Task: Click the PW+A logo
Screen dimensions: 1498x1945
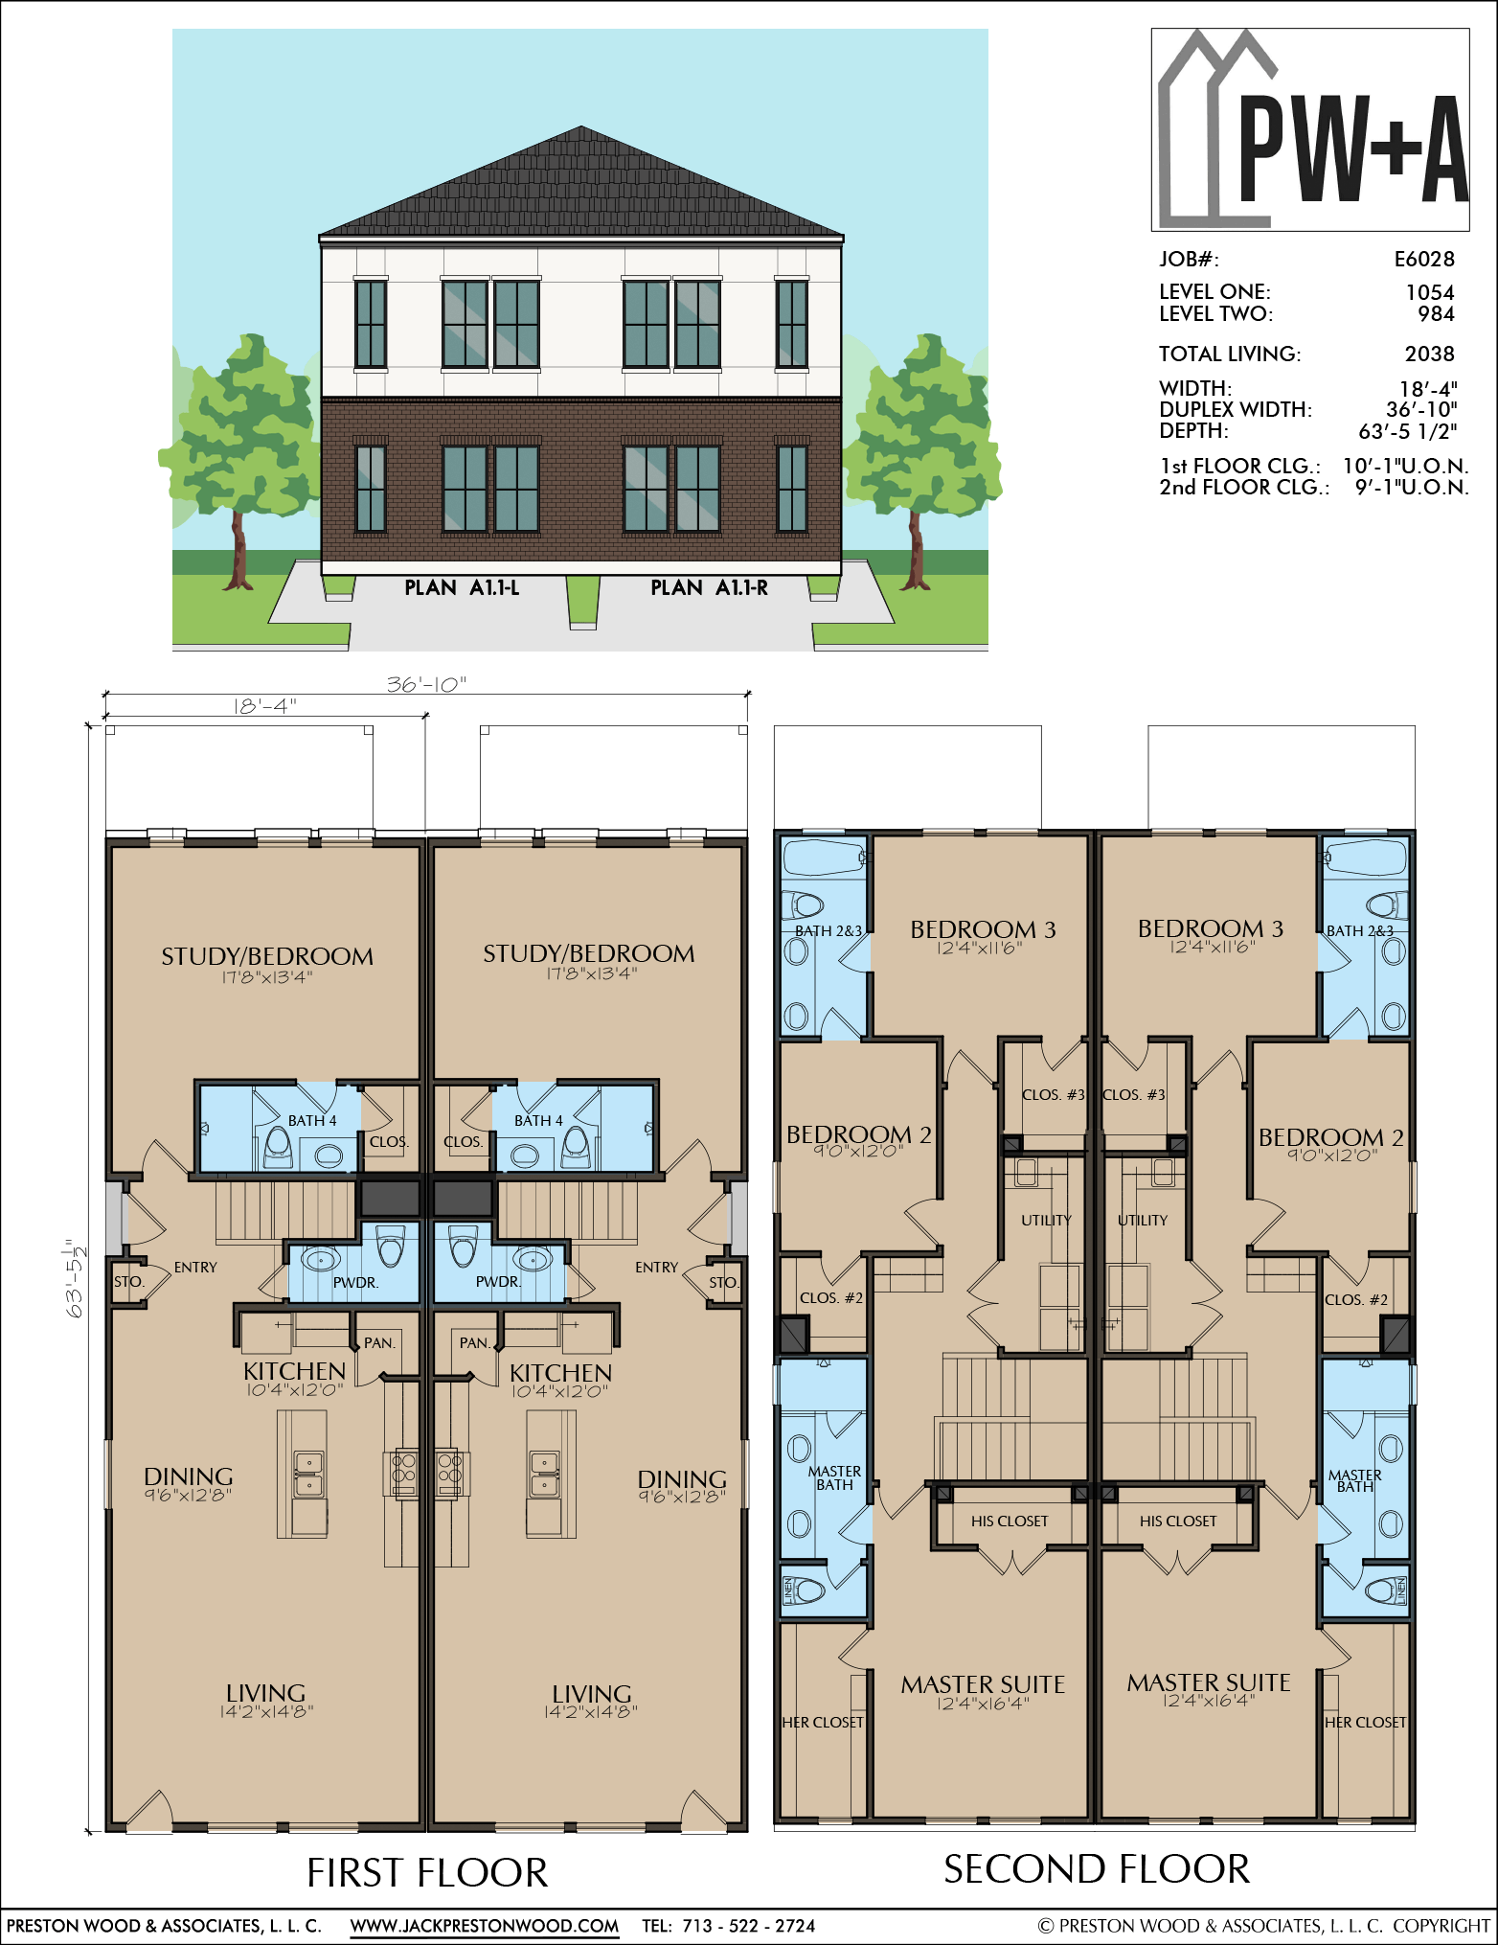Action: (x=1310, y=129)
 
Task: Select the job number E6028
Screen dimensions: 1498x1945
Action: (x=1424, y=259)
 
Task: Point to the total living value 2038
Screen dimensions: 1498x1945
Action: (x=1430, y=354)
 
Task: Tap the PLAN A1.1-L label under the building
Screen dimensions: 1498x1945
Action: (x=462, y=587)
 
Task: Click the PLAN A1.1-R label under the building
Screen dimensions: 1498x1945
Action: (x=710, y=587)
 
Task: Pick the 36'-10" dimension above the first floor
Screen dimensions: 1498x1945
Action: (x=426, y=684)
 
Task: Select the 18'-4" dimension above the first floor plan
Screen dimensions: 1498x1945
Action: (x=265, y=706)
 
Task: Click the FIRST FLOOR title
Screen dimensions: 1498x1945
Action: (x=427, y=1873)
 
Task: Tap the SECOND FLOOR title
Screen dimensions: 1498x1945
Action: (x=1097, y=1869)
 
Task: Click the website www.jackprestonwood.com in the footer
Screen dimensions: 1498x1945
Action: (x=485, y=1926)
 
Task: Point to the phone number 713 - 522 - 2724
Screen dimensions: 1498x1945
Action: (x=749, y=1926)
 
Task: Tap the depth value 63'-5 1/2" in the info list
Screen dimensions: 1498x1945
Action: (x=1408, y=431)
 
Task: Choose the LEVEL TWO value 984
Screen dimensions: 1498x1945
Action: (x=1437, y=313)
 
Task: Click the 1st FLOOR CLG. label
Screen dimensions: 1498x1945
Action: (x=1239, y=467)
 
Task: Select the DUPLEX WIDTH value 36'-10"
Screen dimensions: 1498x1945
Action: (x=1421, y=409)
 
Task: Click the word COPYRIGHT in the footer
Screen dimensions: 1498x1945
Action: (x=1441, y=1926)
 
